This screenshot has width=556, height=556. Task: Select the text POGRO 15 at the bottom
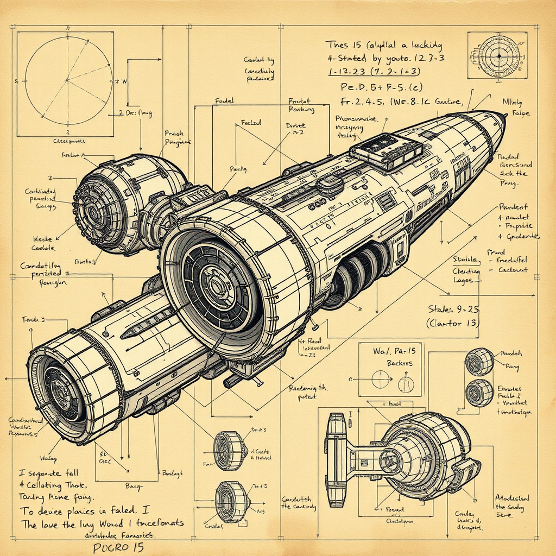(119, 547)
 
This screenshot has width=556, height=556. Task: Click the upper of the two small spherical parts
(479, 361)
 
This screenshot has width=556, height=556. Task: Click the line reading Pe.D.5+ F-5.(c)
(375, 87)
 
